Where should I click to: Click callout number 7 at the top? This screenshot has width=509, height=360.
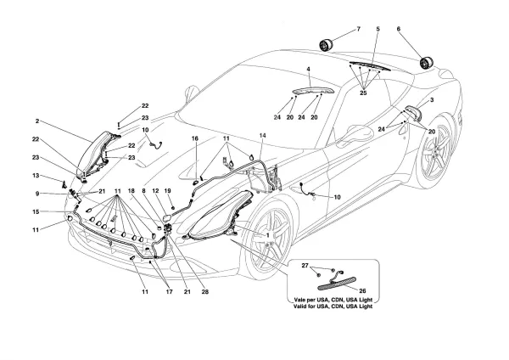click(358, 30)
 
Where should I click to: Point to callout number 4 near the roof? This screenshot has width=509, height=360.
click(309, 69)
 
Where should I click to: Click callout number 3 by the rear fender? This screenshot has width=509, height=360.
click(432, 101)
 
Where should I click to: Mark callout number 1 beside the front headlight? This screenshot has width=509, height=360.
click(269, 234)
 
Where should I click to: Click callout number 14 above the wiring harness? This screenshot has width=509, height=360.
click(262, 137)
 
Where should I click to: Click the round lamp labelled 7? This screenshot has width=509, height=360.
click(325, 44)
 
